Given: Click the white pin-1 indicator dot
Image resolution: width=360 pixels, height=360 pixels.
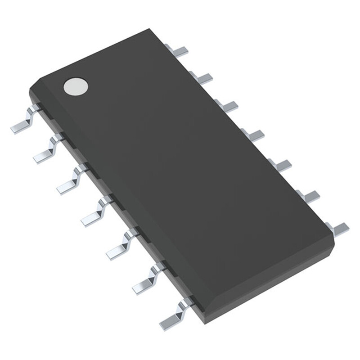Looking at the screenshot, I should click(x=75, y=86).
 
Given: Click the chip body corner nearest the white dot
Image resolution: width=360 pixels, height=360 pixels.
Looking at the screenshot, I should click(x=31, y=90).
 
